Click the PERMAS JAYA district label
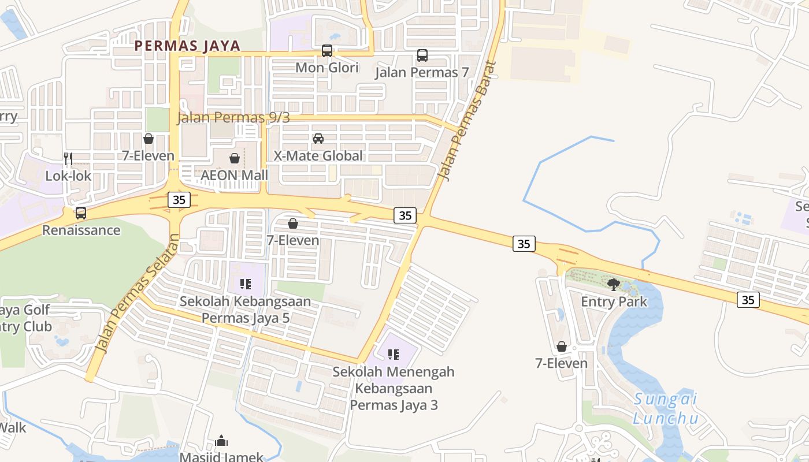point(187,46)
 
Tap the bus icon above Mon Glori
point(327,51)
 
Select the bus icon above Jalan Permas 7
point(422,55)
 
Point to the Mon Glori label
point(327,68)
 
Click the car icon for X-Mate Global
point(318,139)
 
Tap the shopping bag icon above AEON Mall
point(235,158)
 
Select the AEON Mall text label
point(235,175)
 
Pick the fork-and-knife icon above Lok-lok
point(68,158)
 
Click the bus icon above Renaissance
point(81,213)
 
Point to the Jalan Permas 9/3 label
point(233,118)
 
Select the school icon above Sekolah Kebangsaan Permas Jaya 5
point(246,284)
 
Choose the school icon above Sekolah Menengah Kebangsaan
point(394,355)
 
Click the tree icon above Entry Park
point(614,284)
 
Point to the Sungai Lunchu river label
point(665,408)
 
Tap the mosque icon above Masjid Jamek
point(221,442)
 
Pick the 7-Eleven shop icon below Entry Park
point(561,346)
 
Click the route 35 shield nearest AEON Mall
point(179,200)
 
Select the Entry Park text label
point(614,301)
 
